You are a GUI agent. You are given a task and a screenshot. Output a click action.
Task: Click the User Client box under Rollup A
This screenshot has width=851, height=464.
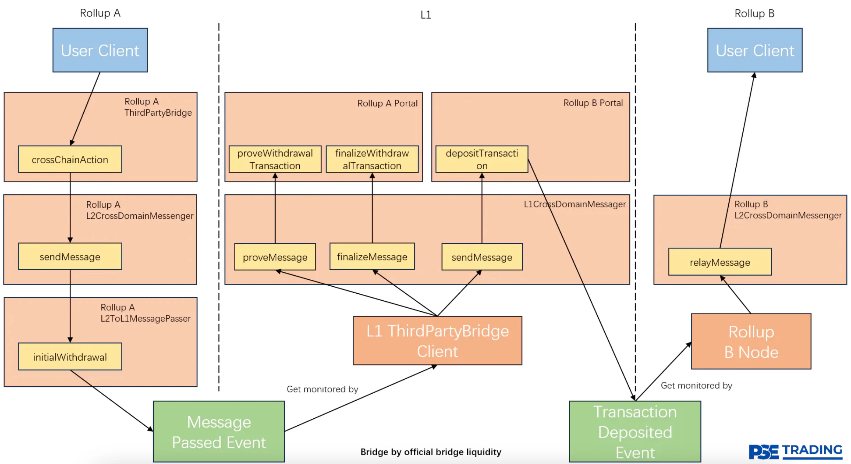coord(100,50)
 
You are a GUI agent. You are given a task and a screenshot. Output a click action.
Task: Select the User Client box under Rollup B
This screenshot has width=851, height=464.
coord(754,50)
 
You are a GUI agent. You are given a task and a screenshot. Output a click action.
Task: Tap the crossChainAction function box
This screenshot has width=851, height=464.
coord(70,159)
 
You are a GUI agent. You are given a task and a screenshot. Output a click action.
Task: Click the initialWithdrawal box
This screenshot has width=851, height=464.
coord(70,357)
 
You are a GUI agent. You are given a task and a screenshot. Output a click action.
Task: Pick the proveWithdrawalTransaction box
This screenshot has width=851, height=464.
coord(275,159)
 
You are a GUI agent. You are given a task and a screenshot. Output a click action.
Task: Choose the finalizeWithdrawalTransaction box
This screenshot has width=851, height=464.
coord(372,159)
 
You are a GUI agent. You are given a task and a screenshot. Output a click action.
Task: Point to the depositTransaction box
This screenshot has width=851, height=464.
coord(482,159)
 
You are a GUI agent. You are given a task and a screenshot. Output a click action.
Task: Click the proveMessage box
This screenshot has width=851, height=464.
coord(275,257)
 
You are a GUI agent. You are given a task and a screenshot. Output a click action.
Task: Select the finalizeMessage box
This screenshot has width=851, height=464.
coord(372,257)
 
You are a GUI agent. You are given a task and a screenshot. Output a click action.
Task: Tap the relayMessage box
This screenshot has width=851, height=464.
coord(720,262)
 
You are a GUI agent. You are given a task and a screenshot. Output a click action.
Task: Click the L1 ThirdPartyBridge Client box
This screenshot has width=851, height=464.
coord(437,341)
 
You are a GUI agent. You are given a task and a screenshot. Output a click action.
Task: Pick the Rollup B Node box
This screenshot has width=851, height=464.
coord(751,341)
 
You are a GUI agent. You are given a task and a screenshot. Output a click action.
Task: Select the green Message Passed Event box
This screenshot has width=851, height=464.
coord(219,432)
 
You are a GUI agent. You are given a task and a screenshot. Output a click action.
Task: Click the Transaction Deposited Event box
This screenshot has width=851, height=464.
coord(635,432)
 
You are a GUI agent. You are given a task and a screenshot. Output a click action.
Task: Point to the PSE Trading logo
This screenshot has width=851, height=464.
coord(795,452)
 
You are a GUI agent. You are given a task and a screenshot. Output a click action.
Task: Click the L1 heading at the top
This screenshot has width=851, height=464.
coord(426,15)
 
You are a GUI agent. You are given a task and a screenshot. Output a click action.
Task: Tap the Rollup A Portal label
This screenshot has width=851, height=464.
coord(387,103)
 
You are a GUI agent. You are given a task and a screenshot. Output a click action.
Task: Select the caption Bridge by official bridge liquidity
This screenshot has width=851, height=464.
coord(431,452)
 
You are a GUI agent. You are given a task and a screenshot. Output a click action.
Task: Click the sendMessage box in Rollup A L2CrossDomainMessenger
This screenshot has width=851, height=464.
coord(70,257)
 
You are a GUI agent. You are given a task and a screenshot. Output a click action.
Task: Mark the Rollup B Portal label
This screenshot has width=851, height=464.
coord(593,103)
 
